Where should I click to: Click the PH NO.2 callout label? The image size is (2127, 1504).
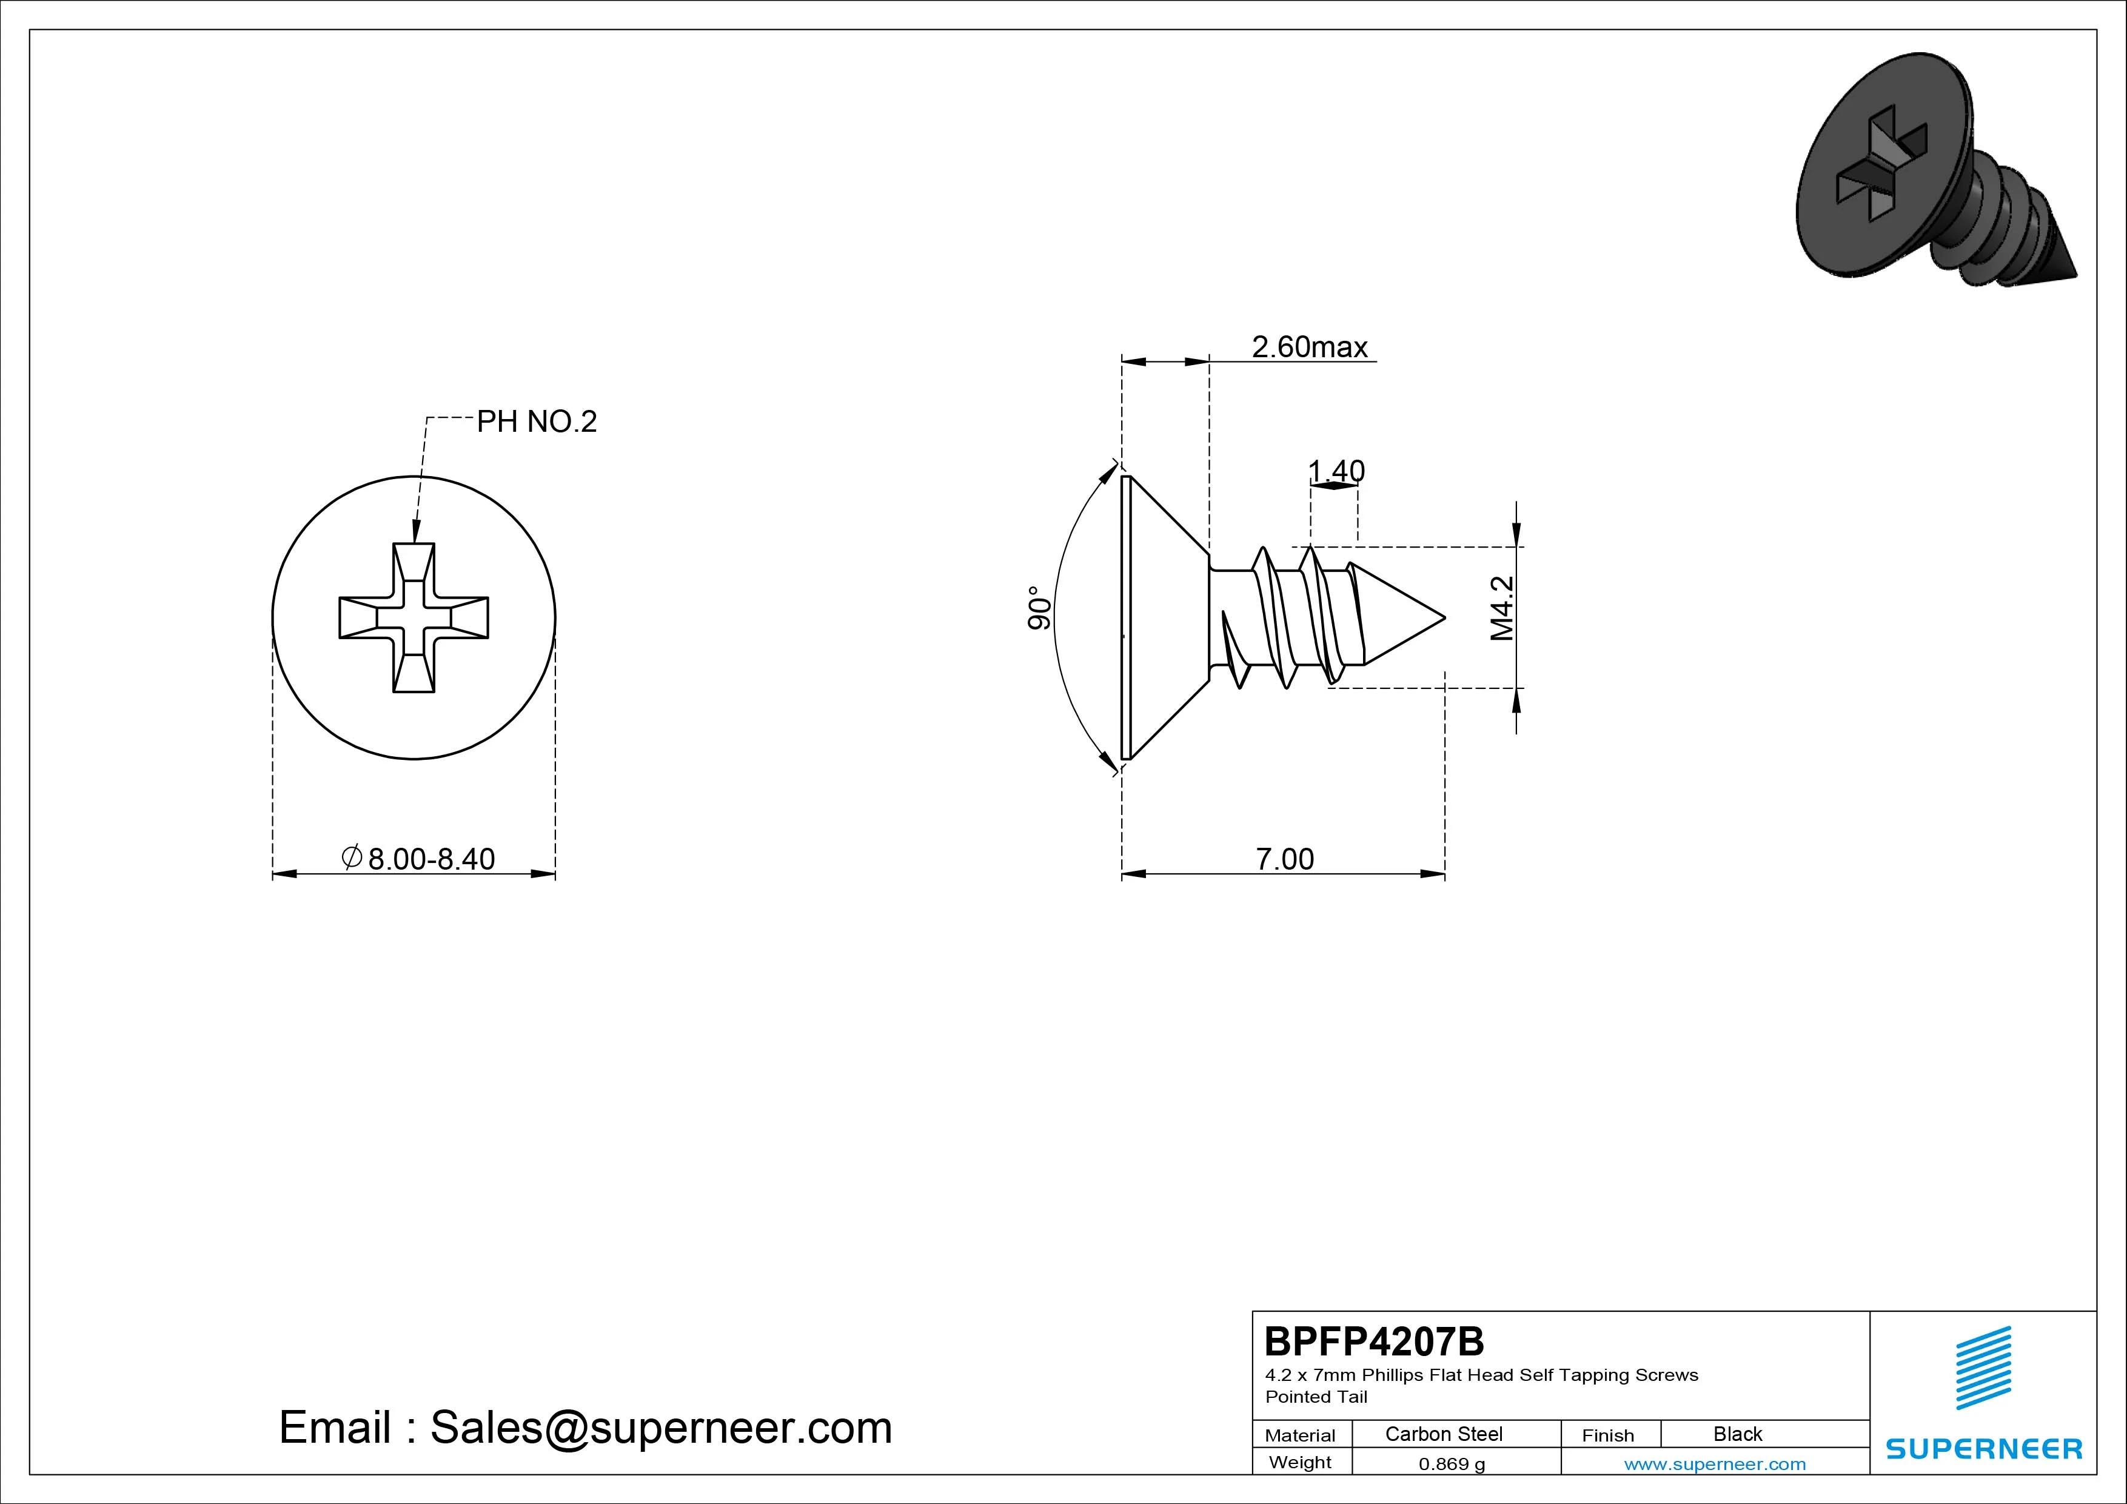tap(537, 421)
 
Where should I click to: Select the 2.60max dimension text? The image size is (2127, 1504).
tap(1309, 346)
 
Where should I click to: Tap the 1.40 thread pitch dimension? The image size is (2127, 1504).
tap(1336, 471)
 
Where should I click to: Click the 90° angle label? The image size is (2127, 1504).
tap(1039, 608)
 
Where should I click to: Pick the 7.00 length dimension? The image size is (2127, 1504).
tap(1284, 859)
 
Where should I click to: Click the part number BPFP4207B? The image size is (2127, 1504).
tap(1374, 1341)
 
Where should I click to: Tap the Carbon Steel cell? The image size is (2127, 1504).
tap(1443, 1434)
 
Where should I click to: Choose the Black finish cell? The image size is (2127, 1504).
tap(1737, 1434)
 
